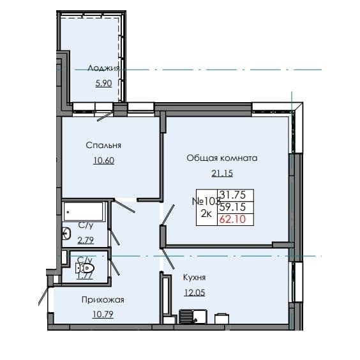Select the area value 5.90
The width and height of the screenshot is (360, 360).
(x=103, y=83)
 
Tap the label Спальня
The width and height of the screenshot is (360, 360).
(x=103, y=145)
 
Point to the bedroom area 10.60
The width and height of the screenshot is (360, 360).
(x=103, y=160)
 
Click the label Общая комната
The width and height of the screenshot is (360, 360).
(x=221, y=158)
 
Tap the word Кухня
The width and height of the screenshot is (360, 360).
(x=193, y=278)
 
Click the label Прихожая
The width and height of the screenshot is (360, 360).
(x=102, y=299)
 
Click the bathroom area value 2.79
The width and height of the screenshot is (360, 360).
(x=86, y=240)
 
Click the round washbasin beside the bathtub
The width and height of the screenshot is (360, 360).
(x=67, y=234)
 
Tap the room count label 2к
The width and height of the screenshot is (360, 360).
(x=207, y=214)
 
